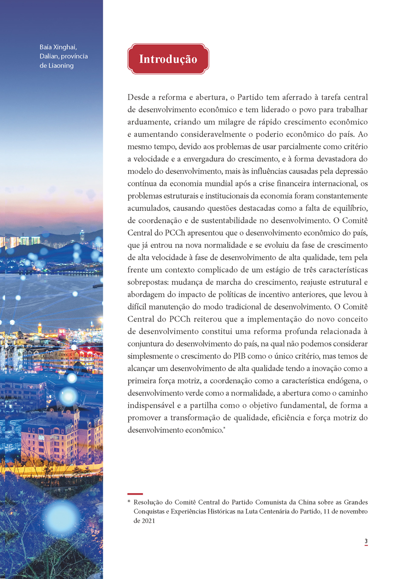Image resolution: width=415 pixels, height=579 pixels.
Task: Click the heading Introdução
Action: [168, 59]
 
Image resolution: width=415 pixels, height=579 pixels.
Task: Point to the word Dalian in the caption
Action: [49, 56]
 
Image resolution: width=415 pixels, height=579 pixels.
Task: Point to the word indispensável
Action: [155, 405]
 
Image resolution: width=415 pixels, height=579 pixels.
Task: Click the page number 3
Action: [366, 541]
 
